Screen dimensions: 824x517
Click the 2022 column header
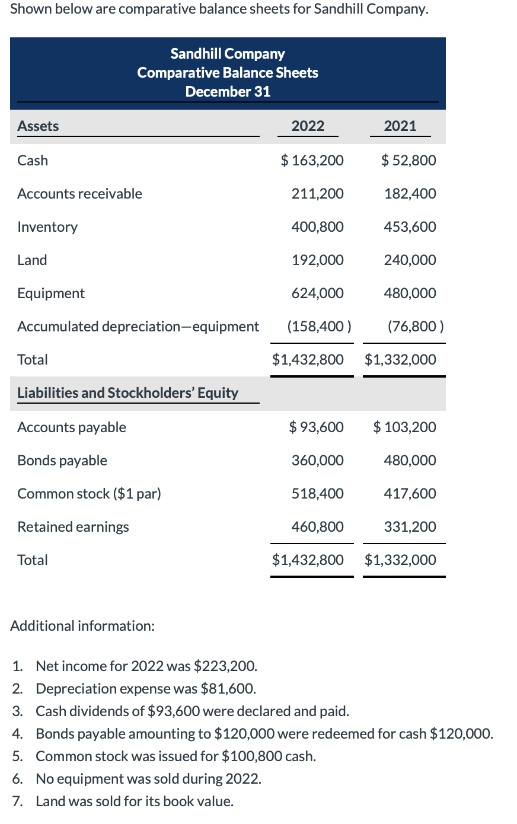point(308,126)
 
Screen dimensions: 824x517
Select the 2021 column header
point(400,126)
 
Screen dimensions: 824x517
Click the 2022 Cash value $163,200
point(312,160)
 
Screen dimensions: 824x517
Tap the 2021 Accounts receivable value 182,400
point(410,194)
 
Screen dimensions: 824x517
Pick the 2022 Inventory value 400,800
point(317,227)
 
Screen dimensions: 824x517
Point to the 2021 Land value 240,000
point(410,260)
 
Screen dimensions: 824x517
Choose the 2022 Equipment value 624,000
point(317,293)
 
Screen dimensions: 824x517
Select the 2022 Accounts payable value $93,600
point(316,427)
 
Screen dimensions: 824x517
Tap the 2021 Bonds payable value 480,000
point(410,461)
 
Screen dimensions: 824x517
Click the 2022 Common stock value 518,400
point(317,494)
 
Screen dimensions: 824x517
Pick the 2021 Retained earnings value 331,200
point(410,527)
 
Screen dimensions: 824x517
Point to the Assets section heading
point(38,126)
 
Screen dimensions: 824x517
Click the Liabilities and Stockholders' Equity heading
point(127,393)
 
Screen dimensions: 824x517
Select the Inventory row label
point(47,227)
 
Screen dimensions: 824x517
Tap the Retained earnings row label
point(73,527)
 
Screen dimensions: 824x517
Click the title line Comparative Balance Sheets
point(228,72)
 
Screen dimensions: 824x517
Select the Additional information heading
point(82,626)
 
